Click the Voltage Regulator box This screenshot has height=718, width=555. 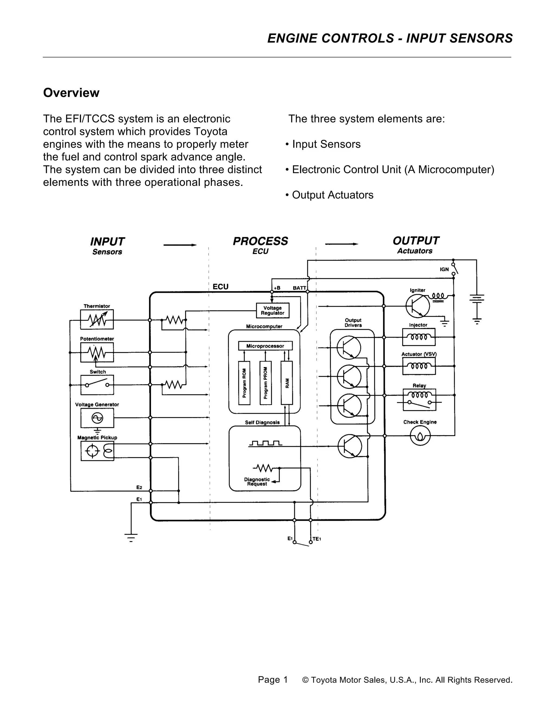click(x=273, y=310)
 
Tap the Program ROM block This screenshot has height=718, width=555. click(x=244, y=383)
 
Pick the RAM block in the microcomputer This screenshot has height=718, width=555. click(x=287, y=383)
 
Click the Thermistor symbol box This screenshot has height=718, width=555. click(x=97, y=319)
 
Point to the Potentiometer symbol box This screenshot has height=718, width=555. click(x=97, y=352)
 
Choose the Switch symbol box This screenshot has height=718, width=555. click(x=97, y=385)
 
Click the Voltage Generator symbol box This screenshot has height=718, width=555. click(x=97, y=418)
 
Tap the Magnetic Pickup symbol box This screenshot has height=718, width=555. click(x=97, y=451)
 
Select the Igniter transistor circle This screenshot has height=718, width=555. click(x=418, y=306)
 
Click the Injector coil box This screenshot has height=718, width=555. click(x=418, y=337)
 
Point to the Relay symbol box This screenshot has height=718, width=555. click(x=419, y=400)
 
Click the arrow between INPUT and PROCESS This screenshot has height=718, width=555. click(x=180, y=245)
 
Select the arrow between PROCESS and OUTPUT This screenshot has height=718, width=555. click(x=341, y=244)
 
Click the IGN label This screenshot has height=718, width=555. click(x=444, y=270)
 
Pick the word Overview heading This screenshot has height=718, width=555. click(x=71, y=93)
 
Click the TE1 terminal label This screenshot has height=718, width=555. click(x=317, y=539)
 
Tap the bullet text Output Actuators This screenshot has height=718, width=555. click(x=333, y=195)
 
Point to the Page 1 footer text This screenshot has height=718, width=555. click(x=273, y=680)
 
